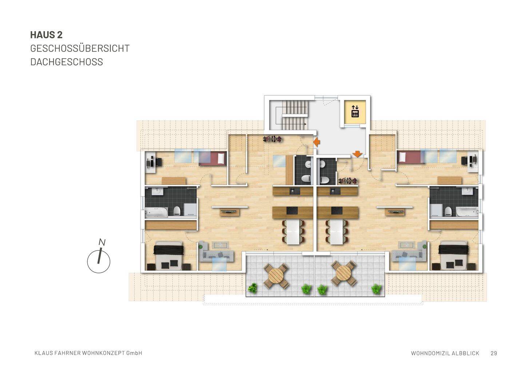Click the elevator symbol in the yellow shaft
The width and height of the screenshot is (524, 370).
(x=355, y=111)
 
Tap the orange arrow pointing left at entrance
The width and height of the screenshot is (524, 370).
(x=317, y=142)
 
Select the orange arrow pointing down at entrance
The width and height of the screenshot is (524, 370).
(x=357, y=154)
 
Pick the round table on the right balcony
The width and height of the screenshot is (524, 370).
(x=344, y=273)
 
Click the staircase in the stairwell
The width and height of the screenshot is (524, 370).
(x=295, y=114)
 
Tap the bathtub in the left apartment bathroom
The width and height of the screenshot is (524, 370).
(x=156, y=212)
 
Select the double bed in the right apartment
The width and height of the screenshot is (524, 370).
(x=453, y=256)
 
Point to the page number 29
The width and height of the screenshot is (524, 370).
(x=493, y=353)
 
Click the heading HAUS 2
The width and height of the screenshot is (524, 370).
(x=46, y=35)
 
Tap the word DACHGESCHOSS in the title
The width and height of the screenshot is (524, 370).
(x=67, y=62)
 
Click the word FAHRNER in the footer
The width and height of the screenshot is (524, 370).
(x=68, y=353)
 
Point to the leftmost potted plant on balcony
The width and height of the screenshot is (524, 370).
(x=252, y=289)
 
